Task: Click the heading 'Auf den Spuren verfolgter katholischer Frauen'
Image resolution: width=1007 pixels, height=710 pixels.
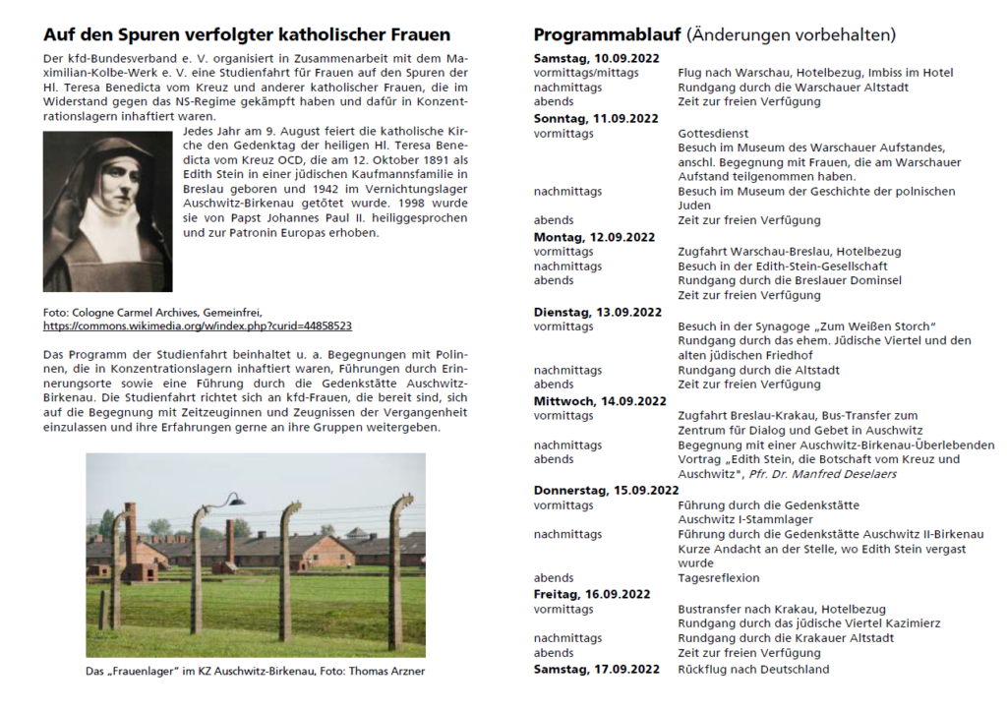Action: click(247, 35)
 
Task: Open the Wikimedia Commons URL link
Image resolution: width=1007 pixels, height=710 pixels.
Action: click(198, 325)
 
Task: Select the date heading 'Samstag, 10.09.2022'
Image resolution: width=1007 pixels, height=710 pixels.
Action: click(594, 58)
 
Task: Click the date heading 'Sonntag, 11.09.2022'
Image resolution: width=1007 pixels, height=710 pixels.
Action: click(596, 118)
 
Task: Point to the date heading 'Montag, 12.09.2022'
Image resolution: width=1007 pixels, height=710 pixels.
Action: click(594, 237)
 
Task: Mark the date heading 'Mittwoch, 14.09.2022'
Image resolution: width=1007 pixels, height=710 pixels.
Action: click(600, 401)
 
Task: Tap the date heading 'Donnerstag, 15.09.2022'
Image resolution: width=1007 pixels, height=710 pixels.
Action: click(606, 490)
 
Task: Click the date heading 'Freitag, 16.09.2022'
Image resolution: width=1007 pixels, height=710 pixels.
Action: click(592, 594)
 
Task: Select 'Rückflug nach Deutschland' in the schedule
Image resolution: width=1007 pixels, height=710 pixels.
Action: click(753, 669)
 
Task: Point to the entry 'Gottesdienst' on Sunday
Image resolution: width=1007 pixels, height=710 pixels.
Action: click(713, 133)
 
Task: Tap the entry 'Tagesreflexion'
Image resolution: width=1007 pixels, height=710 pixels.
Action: click(719, 578)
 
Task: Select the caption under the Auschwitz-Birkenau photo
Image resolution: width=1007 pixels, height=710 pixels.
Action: click(256, 673)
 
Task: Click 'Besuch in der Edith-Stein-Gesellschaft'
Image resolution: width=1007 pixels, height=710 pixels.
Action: click(783, 266)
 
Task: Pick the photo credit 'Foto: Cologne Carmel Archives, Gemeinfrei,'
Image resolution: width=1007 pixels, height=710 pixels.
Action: click(152, 311)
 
